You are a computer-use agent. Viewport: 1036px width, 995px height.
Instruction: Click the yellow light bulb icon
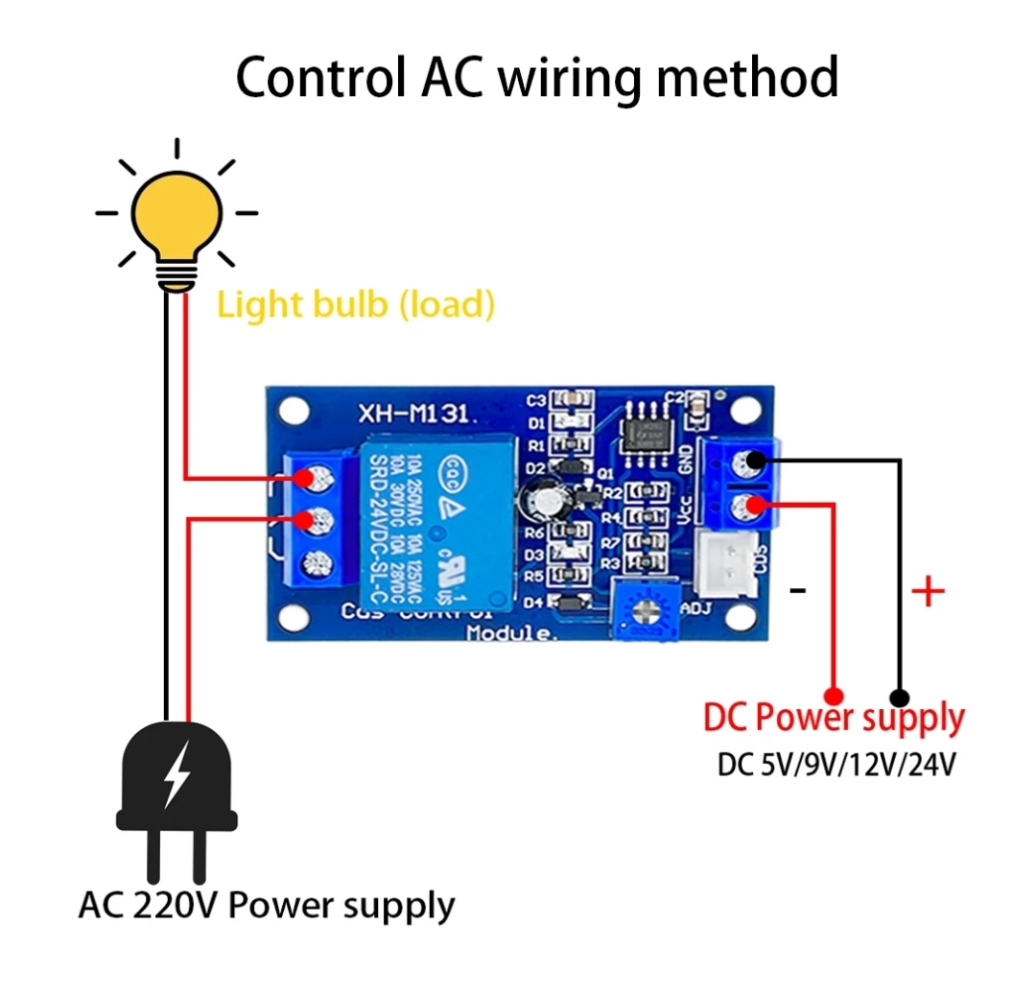[177, 219]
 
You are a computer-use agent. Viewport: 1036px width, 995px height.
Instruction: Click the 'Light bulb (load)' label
[356, 305]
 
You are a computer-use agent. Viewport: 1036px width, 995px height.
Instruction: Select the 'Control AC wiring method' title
[537, 78]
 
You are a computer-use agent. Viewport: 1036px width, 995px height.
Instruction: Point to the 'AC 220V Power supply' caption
[267, 905]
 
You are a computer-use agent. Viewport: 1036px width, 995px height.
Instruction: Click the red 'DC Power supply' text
[834, 718]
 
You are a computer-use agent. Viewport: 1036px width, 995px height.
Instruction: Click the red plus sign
[927, 592]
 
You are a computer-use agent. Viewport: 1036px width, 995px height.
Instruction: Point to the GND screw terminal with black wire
[745, 462]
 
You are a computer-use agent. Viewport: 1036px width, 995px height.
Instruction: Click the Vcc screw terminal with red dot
[745, 506]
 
